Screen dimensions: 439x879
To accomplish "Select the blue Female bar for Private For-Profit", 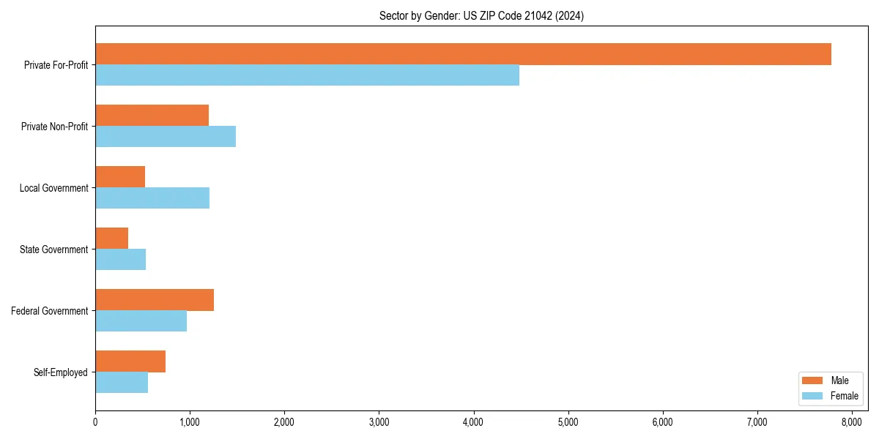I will pos(307,75).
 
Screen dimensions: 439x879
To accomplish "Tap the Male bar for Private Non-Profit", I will pos(152,116).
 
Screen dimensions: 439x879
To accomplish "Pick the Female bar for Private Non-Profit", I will pos(166,137).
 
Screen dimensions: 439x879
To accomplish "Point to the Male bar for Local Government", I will pos(120,177).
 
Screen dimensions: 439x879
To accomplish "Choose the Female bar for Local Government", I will pos(152,198).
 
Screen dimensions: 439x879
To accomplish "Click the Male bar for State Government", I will pos(111,239).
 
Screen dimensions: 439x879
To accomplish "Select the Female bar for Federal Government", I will pos(141,321).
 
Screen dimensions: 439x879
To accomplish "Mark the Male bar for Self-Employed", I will pos(130,361).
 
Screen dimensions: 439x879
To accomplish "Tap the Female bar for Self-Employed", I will pos(122,383).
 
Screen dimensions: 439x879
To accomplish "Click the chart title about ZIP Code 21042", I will pos(481,15).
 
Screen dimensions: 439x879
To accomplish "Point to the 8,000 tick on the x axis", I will pos(851,421).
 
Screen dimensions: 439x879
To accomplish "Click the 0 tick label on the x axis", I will pos(95,421).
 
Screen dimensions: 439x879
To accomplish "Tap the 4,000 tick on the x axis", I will pos(473,421).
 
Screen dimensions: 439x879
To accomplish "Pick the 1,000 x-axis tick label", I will pos(190,421).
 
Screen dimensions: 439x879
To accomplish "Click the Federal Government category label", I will pos(50,311).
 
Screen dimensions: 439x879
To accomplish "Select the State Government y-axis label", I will pos(54,249).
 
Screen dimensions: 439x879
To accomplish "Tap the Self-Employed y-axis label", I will pos(61,372).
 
